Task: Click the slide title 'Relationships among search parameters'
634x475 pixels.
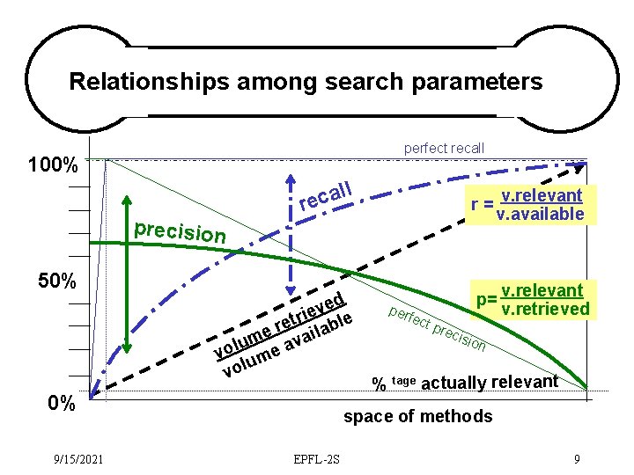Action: click(x=306, y=82)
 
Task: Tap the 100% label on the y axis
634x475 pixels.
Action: click(x=53, y=164)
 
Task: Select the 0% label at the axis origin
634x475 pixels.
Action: click(x=61, y=404)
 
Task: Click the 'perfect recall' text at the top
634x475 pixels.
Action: click(x=443, y=148)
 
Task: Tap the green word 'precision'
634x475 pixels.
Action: click(x=180, y=232)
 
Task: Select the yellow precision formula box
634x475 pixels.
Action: click(x=532, y=299)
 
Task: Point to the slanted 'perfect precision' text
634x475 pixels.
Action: click(x=437, y=328)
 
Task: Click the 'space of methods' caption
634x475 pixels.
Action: click(x=417, y=416)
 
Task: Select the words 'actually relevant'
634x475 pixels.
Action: click(x=490, y=382)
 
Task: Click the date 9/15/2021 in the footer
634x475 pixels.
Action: click(x=77, y=458)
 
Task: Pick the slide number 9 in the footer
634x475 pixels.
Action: click(x=576, y=458)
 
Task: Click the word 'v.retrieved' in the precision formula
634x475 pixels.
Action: click(x=543, y=308)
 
